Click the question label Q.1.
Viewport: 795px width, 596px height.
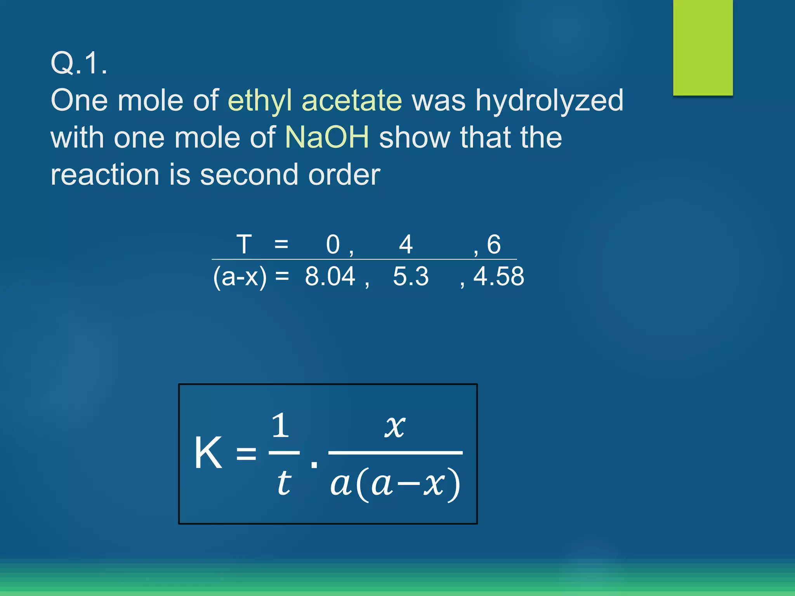click(79, 63)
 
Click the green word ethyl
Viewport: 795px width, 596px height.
click(259, 100)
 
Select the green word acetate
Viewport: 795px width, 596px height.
click(352, 100)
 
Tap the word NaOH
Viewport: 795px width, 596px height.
click(327, 137)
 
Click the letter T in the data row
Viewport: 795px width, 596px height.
click(244, 244)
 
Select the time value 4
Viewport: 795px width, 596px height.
click(406, 244)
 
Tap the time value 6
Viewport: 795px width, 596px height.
click(494, 244)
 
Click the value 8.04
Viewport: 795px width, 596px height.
click(330, 276)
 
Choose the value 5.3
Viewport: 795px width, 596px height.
click(411, 276)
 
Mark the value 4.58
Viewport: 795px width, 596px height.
click(499, 276)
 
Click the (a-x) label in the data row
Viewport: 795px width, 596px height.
click(240, 277)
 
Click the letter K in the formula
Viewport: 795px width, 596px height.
click(208, 453)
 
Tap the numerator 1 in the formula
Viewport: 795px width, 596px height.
click(280, 426)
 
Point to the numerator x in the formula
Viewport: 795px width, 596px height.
click(395, 426)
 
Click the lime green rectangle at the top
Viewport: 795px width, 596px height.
click(703, 47)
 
